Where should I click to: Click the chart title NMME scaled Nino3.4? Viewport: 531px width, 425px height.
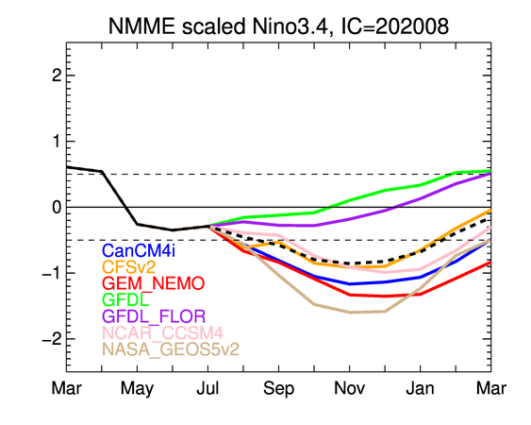tap(219, 26)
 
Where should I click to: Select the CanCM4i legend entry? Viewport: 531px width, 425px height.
tap(139, 250)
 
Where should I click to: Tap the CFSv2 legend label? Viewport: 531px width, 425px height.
tap(129, 267)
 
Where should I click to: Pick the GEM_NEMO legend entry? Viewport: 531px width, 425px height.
tap(154, 283)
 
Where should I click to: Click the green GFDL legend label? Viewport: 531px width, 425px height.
tap(125, 299)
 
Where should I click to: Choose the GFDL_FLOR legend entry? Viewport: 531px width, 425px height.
tap(154, 316)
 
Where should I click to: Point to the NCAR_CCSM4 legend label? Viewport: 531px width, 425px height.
tap(162, 332)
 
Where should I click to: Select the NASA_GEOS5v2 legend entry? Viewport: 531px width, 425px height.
tap(171, 349)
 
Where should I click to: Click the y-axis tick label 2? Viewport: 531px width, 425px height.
tap(57, 76)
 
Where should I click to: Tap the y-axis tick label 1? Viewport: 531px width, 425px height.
tap(57, 141)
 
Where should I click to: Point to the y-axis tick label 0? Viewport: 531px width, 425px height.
tap(57, 207)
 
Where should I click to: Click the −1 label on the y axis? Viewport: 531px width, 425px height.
tap(52, 273)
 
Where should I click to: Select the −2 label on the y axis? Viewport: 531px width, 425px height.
tap(52, 339)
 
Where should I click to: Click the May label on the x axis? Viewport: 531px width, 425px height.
tap(137, 389)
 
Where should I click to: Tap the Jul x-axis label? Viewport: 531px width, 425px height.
tap(207, 388)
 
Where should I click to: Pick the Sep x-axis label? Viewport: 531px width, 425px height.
tap(279, 389)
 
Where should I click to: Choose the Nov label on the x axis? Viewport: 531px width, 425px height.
tap(350, 388)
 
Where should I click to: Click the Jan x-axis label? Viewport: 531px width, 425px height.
tap(421, 388)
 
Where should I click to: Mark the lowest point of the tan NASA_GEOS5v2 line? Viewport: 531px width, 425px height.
tap(350, 313)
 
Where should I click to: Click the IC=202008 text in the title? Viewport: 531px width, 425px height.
tap(395, 26)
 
